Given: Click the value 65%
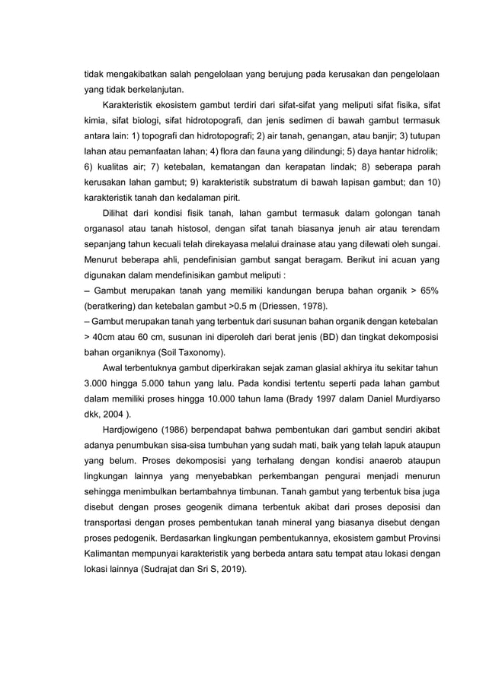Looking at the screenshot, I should click(x=430, y=291).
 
